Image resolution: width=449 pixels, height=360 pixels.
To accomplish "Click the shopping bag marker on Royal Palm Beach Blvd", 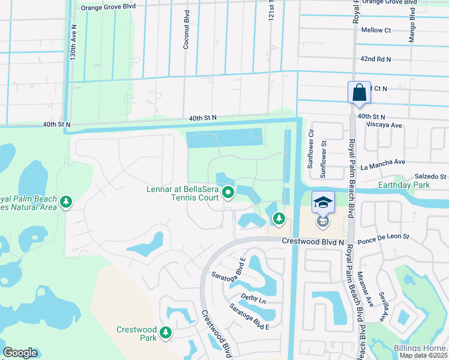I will point(359,93).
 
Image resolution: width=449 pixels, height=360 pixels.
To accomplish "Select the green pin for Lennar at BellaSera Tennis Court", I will point(228,193).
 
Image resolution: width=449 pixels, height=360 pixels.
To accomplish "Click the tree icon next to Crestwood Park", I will point(166,332).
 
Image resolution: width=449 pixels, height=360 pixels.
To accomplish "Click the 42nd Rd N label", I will point(376,59).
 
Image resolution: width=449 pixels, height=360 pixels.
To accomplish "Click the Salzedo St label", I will point(431,176).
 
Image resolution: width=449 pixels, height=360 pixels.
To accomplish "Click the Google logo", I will point(20,353).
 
